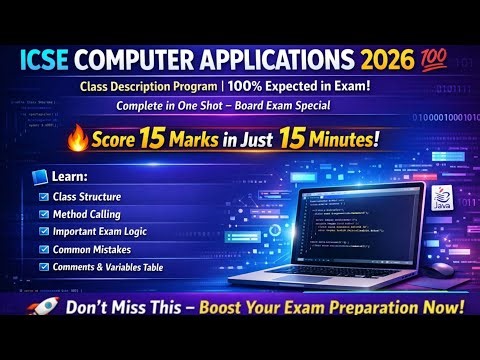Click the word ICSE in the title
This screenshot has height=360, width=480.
point(44,56)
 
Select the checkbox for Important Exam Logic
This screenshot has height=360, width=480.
point(43,232)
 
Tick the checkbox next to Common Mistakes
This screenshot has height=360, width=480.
point(43,249)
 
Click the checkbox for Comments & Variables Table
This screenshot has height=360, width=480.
point(43,266)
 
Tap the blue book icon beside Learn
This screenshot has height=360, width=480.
point(40,177)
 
